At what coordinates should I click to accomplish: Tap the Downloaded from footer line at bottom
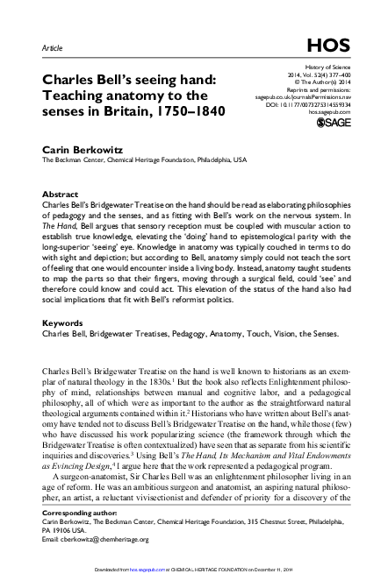193,574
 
